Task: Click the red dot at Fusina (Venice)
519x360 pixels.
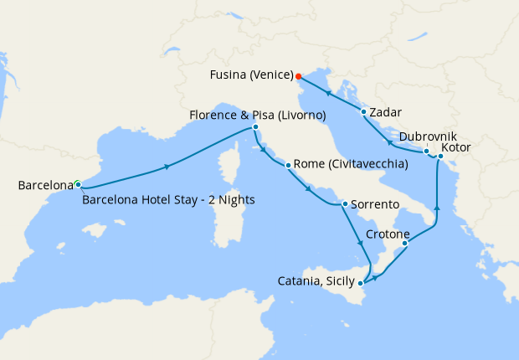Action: click(299, 75)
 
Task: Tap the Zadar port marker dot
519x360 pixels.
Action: click(363, 111)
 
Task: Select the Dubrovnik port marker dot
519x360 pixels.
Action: click(426, 152)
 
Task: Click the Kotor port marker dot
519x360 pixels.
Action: click(440, 156)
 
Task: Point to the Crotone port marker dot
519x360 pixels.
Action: click(405, 244)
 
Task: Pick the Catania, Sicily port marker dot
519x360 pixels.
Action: click(364, 282)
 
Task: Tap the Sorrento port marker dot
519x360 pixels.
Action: click(345, 203)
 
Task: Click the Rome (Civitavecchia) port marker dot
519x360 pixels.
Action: click(288, 165)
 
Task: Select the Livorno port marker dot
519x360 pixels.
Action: click(255, 127)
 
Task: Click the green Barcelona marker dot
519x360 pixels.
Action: click(77, 184)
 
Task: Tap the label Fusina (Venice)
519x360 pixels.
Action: click(249, 74)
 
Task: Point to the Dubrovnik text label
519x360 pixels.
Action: click(428, 136)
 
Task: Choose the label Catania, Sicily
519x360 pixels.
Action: click(316, 282)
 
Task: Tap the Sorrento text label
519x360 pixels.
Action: click(376, 204)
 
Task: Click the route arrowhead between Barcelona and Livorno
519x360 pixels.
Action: click(168, 167)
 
